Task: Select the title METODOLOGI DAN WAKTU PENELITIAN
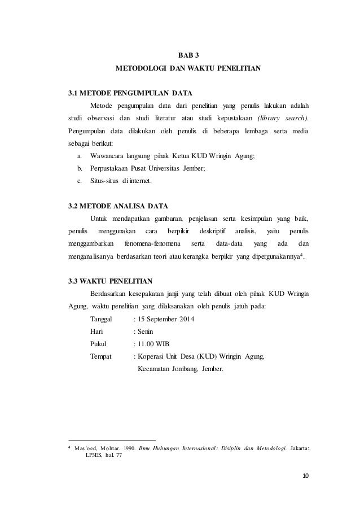point(188,69)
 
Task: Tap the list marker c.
point(79,181)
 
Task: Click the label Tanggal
point(101,320)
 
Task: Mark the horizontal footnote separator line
point(111,440)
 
